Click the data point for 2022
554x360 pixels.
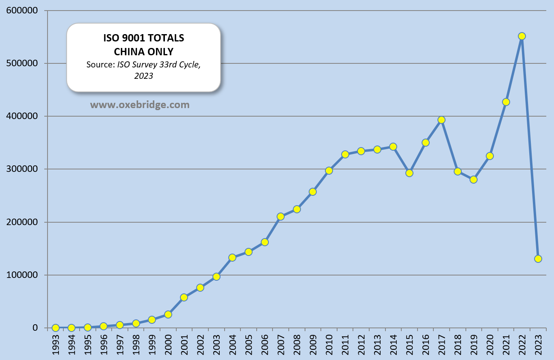[522, 36]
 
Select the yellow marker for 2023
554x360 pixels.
[538, 259]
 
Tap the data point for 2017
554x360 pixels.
[441, 120]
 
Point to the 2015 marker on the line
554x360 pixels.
[409, 173]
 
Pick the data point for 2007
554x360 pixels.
[281, 217]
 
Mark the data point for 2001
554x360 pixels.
[184, 297]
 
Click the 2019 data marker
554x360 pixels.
[474, 180]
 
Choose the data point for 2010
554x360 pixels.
[329, 171]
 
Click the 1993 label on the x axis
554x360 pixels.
[56, 345]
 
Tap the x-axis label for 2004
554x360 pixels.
[233, 345]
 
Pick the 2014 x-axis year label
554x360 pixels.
[394, 345]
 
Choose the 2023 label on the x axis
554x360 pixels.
[539, 345]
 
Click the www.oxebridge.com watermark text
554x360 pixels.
[140, 105]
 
